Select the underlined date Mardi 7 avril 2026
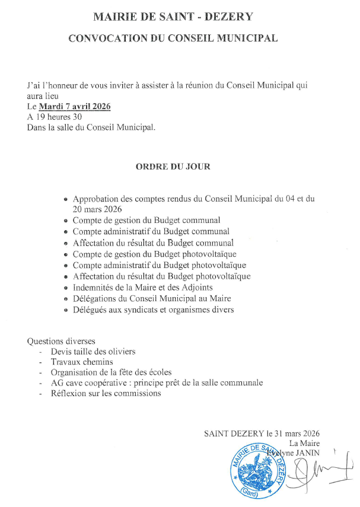click(x=75, y=107)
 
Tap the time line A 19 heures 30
click(x=54, y=117)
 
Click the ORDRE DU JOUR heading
click(x=173, y=167)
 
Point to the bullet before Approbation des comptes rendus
click(x=66, y=200)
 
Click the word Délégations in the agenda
click(x=95, y=298)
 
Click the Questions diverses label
click(x=61, y=341)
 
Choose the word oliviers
click(x=120, y=352)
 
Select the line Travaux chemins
click(x=82, y=362)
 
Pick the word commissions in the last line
click(x=138, y=393)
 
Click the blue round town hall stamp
click(x=253, y=473)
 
